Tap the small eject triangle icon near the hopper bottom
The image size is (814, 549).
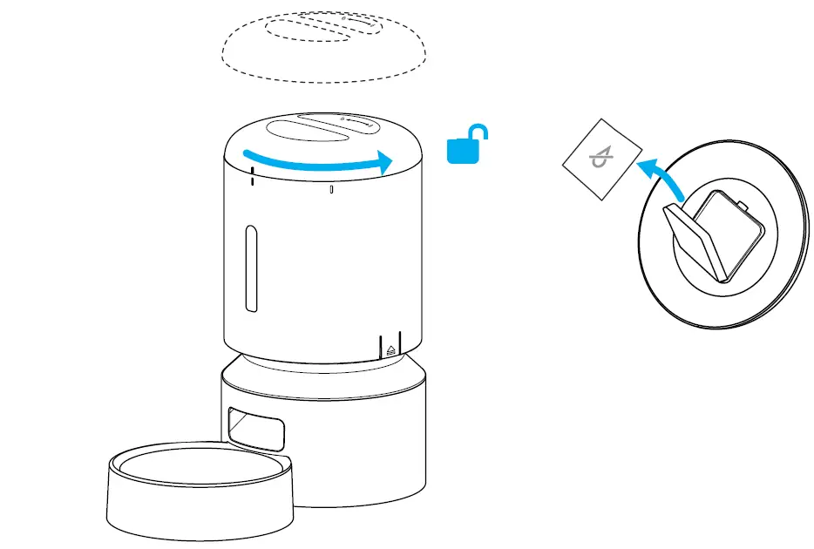click(x=390, y=349)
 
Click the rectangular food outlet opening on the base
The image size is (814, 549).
click(x=255, y=428)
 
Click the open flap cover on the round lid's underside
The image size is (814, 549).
click(x=695, y=239)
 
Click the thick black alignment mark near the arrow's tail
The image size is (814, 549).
click(x=252, y=177)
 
